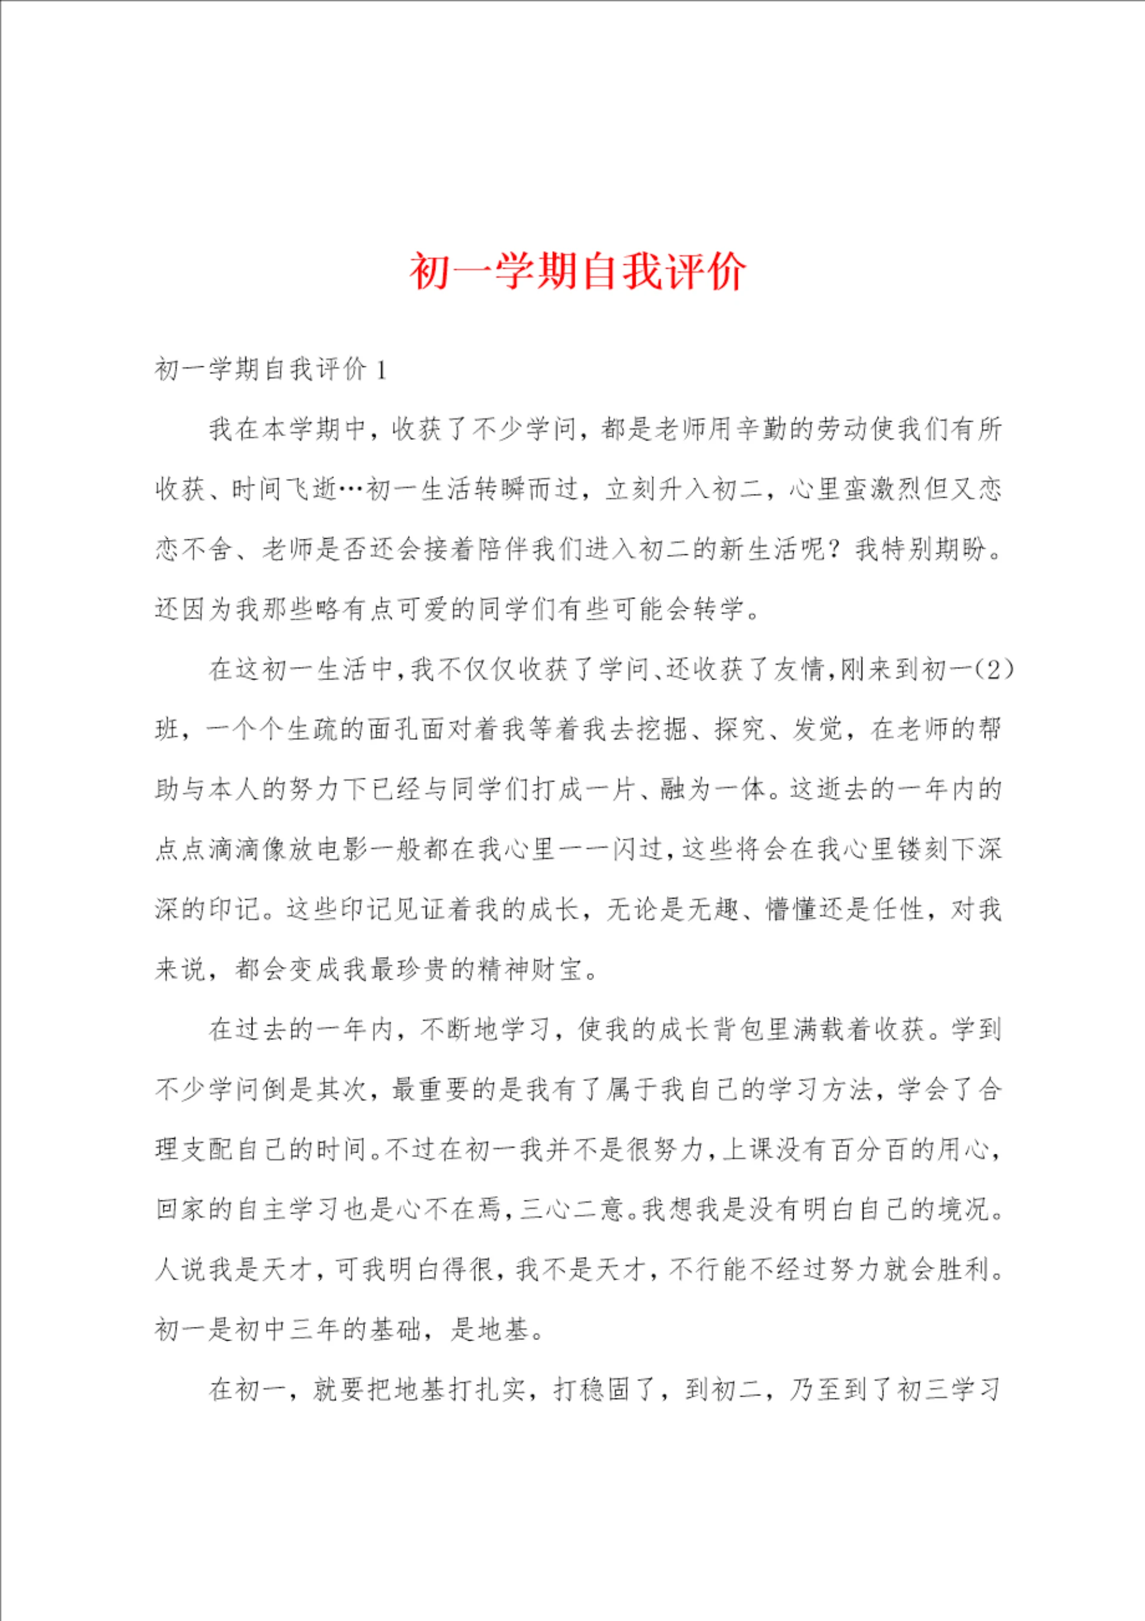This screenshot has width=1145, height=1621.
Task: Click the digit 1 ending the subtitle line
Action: click(x=382, y=369)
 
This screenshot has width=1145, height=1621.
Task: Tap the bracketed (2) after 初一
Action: click(x=992, y=669)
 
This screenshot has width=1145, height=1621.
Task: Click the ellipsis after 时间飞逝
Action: click(x=351, y=489)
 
